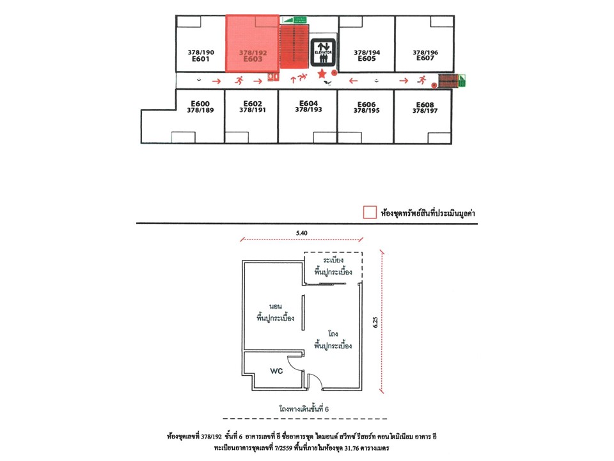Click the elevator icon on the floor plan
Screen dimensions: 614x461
[x=323, y=53]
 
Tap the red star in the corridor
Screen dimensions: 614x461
[x=322, y=73]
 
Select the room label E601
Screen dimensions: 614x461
[x=200, y=59]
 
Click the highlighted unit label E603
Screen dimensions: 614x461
[x=253, y=59]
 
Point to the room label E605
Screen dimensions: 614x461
[x=366, y=59]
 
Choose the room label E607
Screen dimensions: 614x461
[x=425, y=58]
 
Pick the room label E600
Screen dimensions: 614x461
[x=200, y=104]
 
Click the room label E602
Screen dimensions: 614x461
[x=253, y=104]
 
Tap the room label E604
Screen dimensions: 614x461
[x=308, y=103]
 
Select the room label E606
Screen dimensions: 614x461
[x=366, y=104]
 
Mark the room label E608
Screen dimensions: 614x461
[x=425, y=104]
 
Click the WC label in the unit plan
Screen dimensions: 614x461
[x=276, y=371]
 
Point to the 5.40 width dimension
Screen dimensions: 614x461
[x=301, y=233]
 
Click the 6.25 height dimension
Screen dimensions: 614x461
[x=375, y=322]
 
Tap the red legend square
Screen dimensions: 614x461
[x=370, y=212]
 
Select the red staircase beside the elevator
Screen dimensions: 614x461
[x=294, y=47]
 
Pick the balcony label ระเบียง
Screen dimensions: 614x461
[x=333, y=261]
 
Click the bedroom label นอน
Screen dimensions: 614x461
[x=275, y=306]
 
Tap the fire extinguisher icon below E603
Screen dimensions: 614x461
[x=273, y=76]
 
